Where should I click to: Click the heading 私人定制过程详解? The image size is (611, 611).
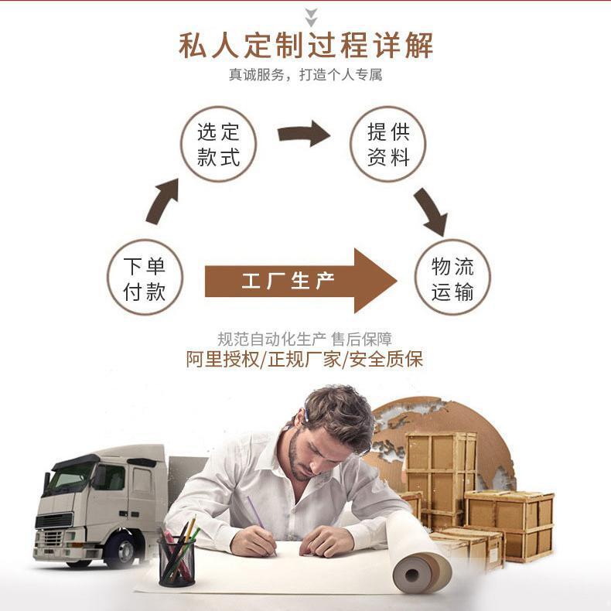pos(305,45)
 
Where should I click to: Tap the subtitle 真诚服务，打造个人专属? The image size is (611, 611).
pos(305,76)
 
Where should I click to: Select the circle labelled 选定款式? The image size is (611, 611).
pos(219,145)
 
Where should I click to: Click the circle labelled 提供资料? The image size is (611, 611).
pos(388,145)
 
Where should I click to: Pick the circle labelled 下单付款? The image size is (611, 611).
pos(145,278)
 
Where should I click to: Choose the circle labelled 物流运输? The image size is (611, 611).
pos(453,278)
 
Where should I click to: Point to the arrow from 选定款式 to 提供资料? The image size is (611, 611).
pos(304,134)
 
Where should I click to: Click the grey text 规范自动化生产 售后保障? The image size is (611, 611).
pos(305,339)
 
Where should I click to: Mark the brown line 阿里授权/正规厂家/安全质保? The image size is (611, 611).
pos(305,359)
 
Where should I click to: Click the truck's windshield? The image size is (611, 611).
pos(70,477)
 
